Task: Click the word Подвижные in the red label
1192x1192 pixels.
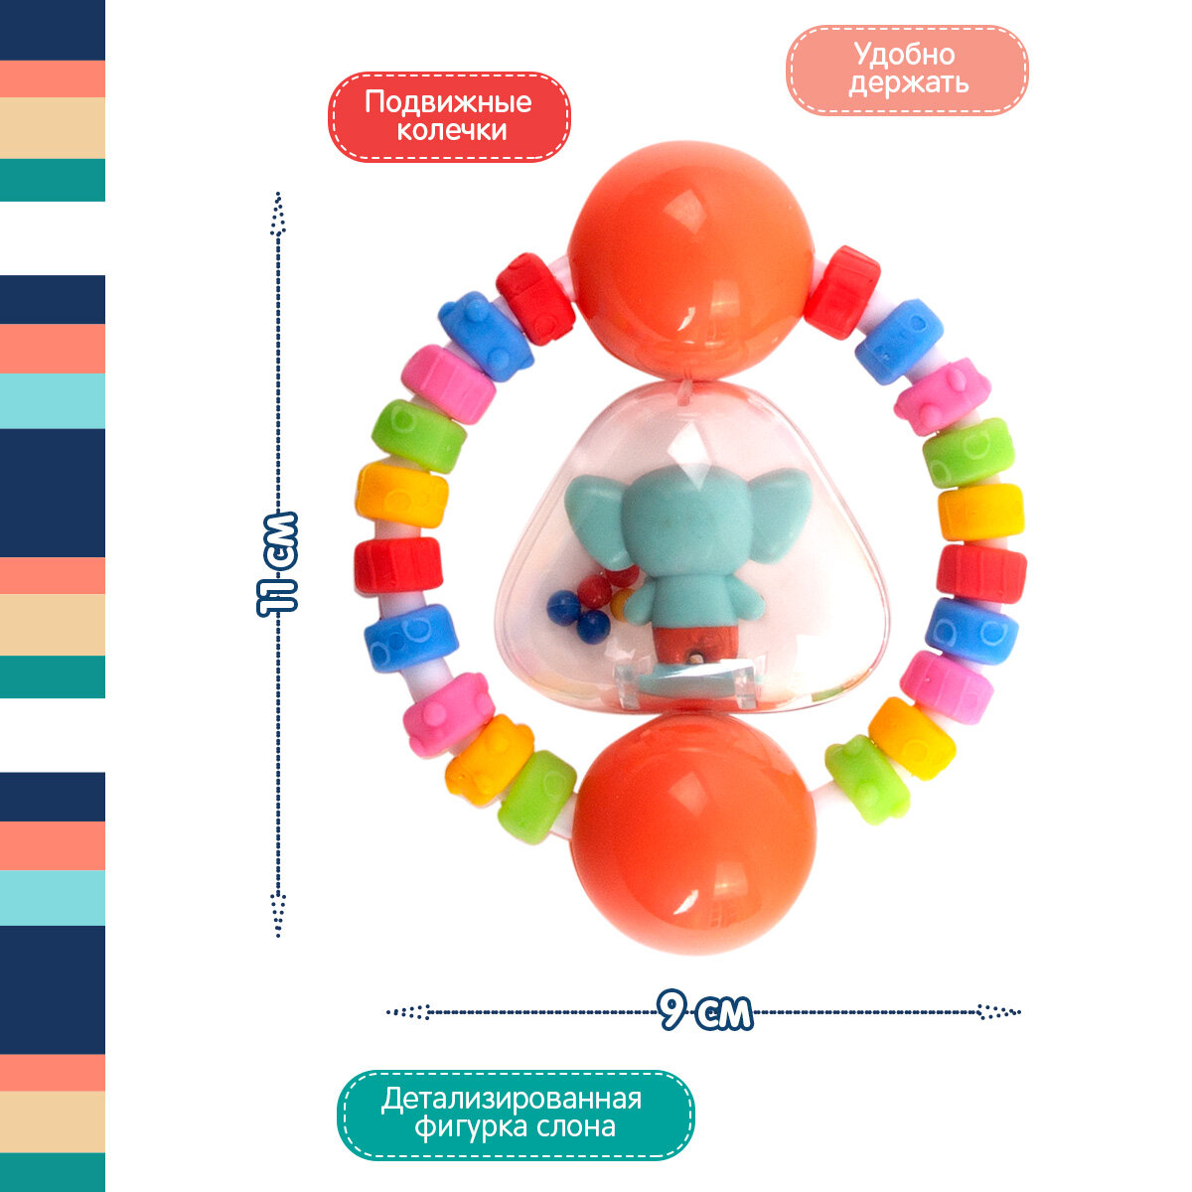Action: (448, 102)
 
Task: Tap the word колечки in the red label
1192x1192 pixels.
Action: (451, 131)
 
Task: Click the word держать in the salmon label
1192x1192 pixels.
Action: (908, 82)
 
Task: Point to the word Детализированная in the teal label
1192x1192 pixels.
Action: (512, 1100)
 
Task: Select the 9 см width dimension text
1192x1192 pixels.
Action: (705, 1012)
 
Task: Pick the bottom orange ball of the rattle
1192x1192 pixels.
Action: (693, 832)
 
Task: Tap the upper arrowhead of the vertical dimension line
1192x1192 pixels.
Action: (279, 214)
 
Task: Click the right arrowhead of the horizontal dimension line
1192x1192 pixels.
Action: (996, 1012)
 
